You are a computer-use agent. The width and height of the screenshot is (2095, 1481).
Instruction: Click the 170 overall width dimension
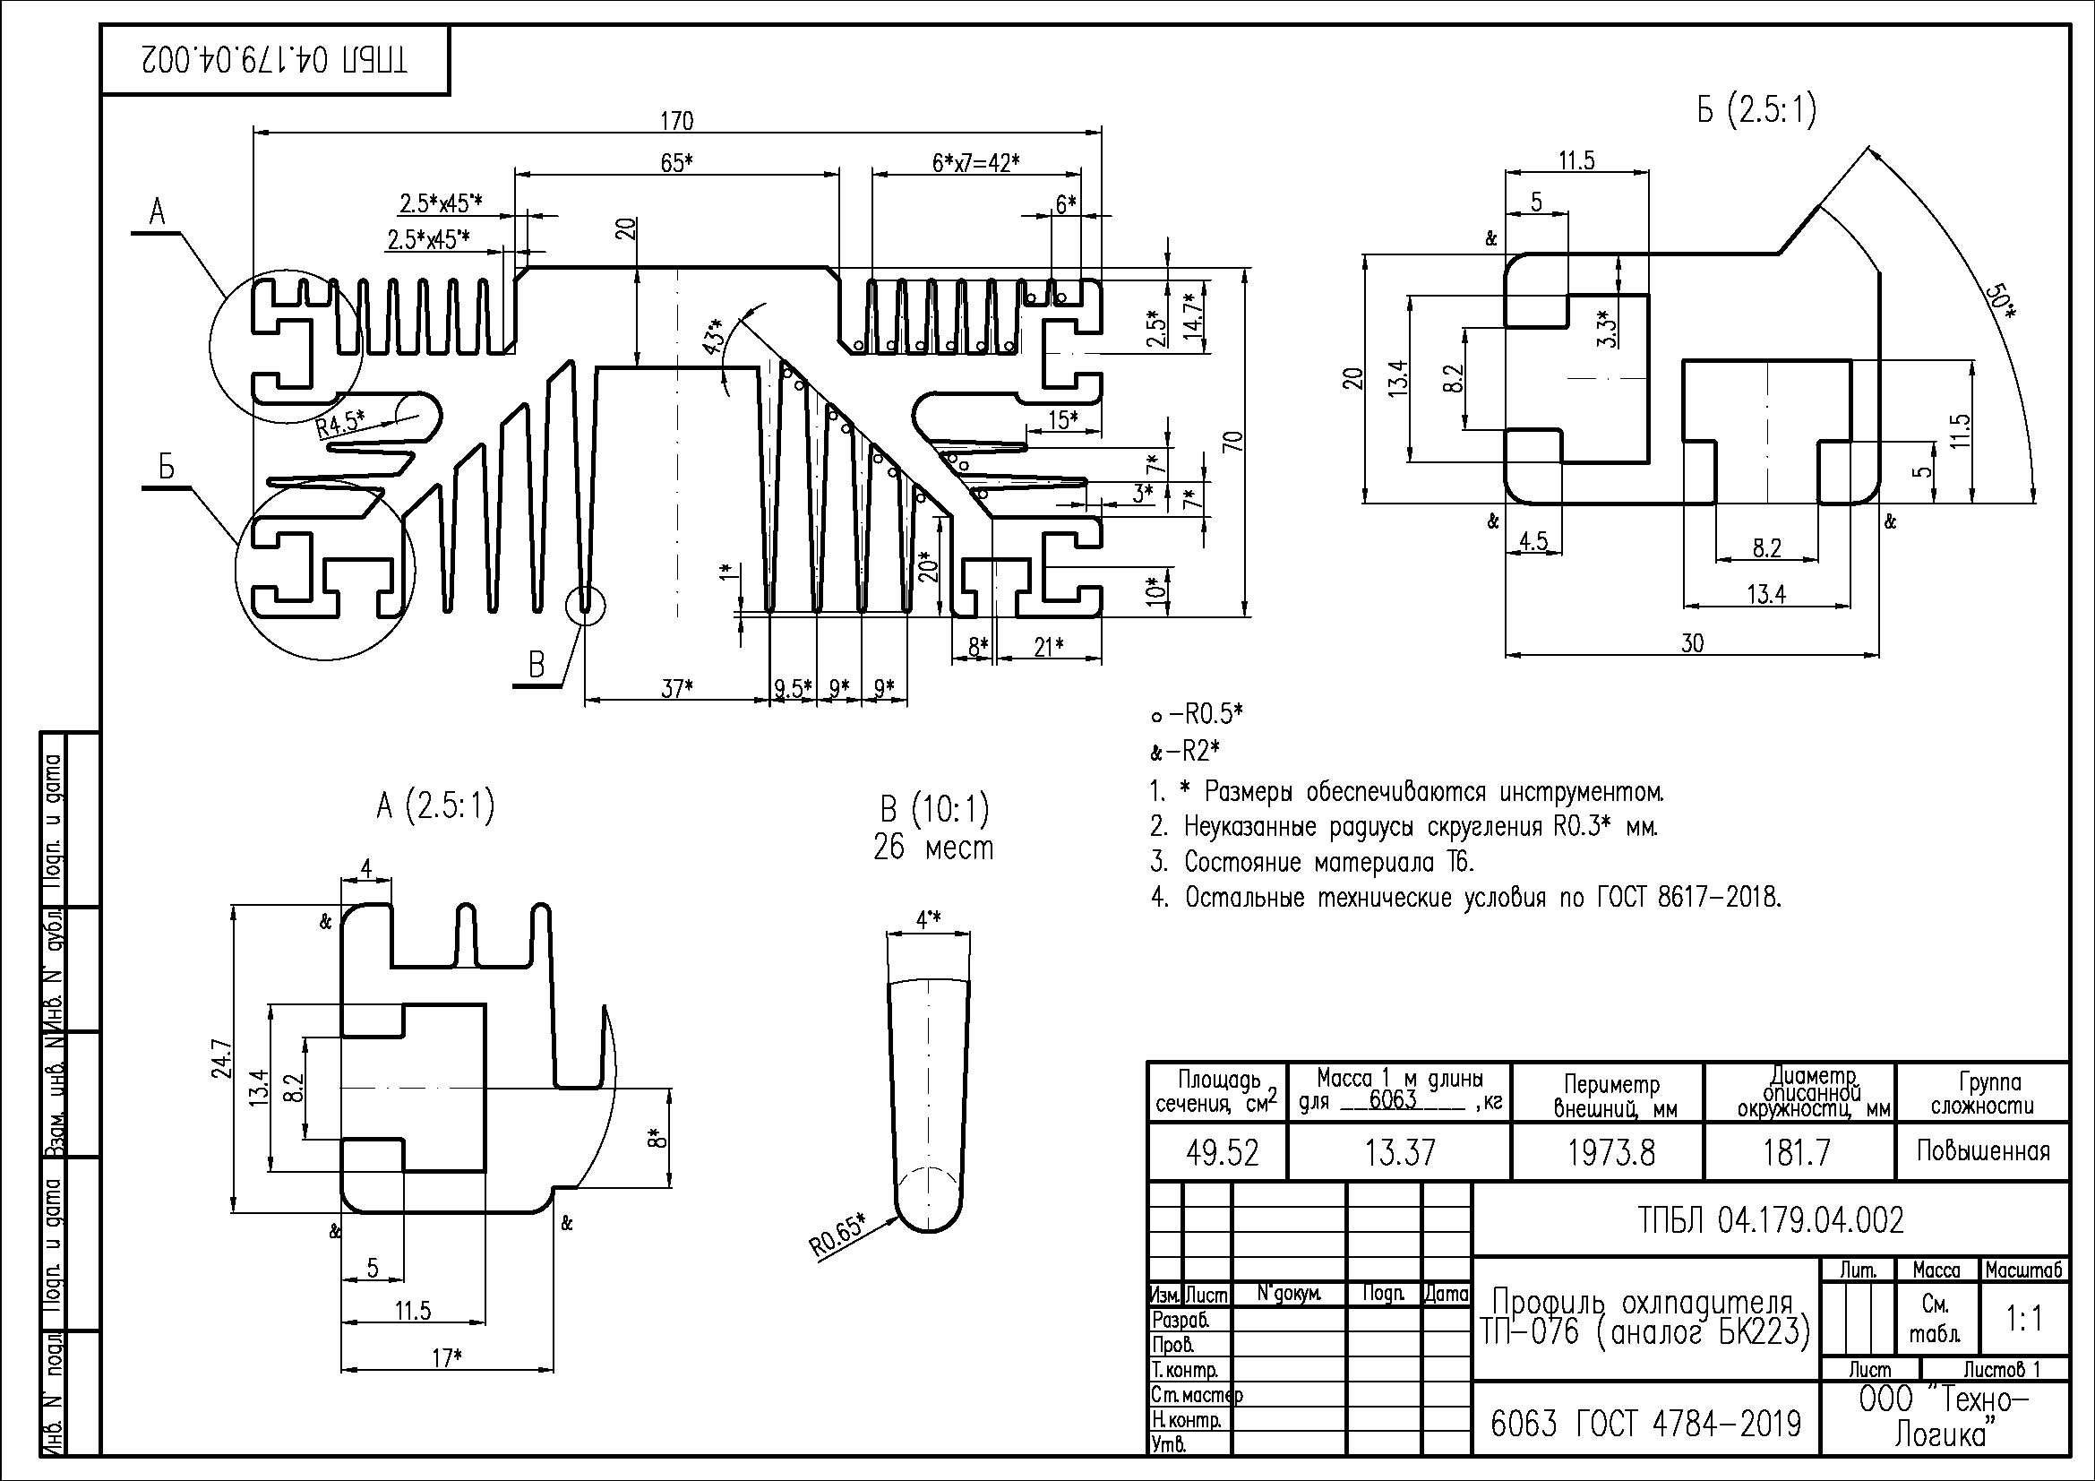676,120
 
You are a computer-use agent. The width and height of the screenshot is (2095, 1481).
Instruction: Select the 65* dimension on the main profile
676,162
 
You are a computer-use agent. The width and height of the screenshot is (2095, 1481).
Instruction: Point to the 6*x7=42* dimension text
975,162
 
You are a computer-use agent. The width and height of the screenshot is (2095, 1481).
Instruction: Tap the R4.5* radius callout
340,423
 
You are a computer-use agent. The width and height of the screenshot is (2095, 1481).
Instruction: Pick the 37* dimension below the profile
676,688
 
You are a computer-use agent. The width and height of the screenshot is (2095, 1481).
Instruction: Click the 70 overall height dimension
1232,441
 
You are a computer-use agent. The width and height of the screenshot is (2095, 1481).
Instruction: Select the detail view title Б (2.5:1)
1756,110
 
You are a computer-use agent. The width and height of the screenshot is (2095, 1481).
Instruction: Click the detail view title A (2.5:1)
435,805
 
